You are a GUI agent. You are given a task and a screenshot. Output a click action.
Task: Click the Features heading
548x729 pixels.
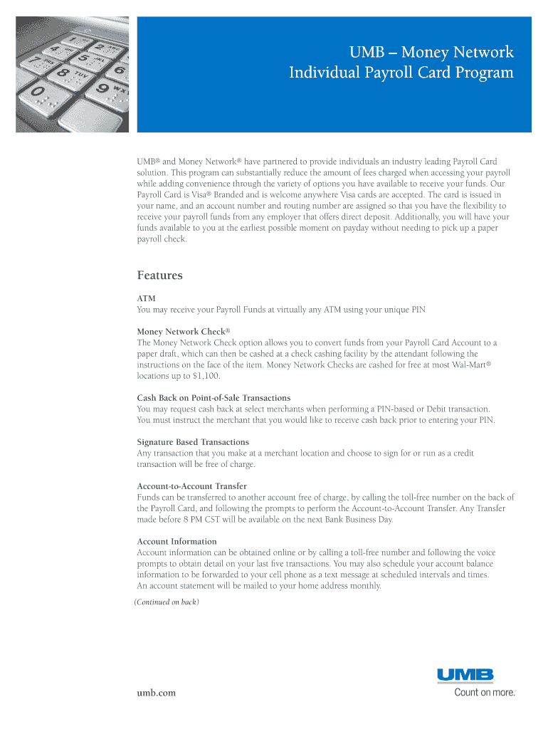(x=159, y=276)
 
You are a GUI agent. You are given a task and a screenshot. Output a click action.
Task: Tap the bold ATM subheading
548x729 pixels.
(x=146, y=298)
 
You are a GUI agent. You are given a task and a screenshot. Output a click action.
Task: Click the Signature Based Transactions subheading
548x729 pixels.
(x=193, y=442)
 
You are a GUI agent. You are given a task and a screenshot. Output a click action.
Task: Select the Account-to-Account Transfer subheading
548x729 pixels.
(x=191, y=486)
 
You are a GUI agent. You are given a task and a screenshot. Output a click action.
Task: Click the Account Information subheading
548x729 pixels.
(x=176, y=541)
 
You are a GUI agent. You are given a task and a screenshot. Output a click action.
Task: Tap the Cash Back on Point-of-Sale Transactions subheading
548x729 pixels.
(x=214, y=397)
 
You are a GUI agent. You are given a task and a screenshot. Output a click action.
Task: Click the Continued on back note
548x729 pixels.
(x=167, y=602)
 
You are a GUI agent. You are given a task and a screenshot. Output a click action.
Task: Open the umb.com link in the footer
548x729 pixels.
(x=156, y=692)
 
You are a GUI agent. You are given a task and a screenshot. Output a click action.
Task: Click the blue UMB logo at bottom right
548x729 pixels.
(x=465, y=675)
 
